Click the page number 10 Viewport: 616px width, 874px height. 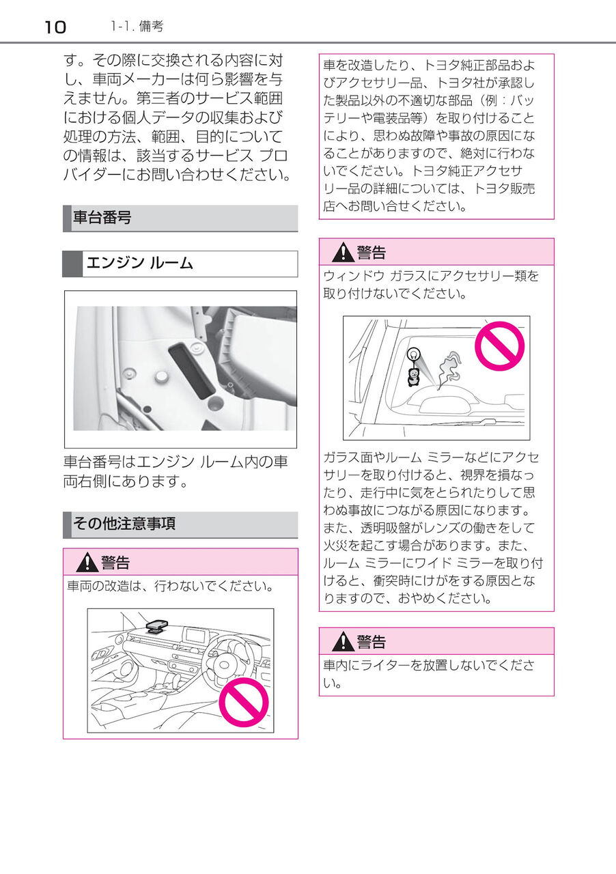pyautogui.click(x=55, y=27)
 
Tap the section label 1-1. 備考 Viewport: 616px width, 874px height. pyautogui.click(x=137, y=27)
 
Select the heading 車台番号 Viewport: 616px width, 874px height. pyautogui.click(x=102, y=218)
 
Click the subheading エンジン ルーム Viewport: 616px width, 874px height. pyautogui.click(x=139, y=263)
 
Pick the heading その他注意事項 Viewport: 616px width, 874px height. pyautogui.click(x=124, y=524)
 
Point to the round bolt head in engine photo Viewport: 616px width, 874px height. pyautogui.click(x=162, y=376)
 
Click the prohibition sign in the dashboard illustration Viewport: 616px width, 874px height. pyautogui.click(x=244, y=704)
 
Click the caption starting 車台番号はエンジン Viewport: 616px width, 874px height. pyautogui.click(x=176, y=472)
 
